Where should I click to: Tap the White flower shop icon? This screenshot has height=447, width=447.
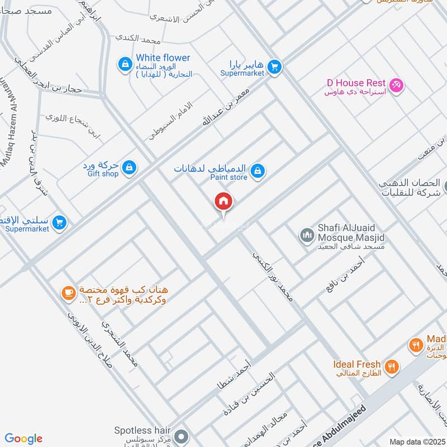(x=124, y=65)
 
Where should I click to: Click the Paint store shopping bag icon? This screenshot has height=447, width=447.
(x=257, y=170)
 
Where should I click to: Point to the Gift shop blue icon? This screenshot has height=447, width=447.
(x=129, y=167)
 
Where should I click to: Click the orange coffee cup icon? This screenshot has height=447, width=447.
(x=68, y=293)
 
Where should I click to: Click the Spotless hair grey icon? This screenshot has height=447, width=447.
(x=180, y=435)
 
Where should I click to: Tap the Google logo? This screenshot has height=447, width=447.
(x=23, y=439)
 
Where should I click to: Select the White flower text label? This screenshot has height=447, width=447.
(x=163, y=58)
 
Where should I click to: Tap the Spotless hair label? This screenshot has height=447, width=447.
(x=142, y=430)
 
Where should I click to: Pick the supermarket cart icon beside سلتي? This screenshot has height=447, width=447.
(x=60, y=223)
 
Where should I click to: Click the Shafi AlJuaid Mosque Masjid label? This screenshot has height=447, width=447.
(x=351, y=233)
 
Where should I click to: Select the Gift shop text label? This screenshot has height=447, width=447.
(x=103, y=174)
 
